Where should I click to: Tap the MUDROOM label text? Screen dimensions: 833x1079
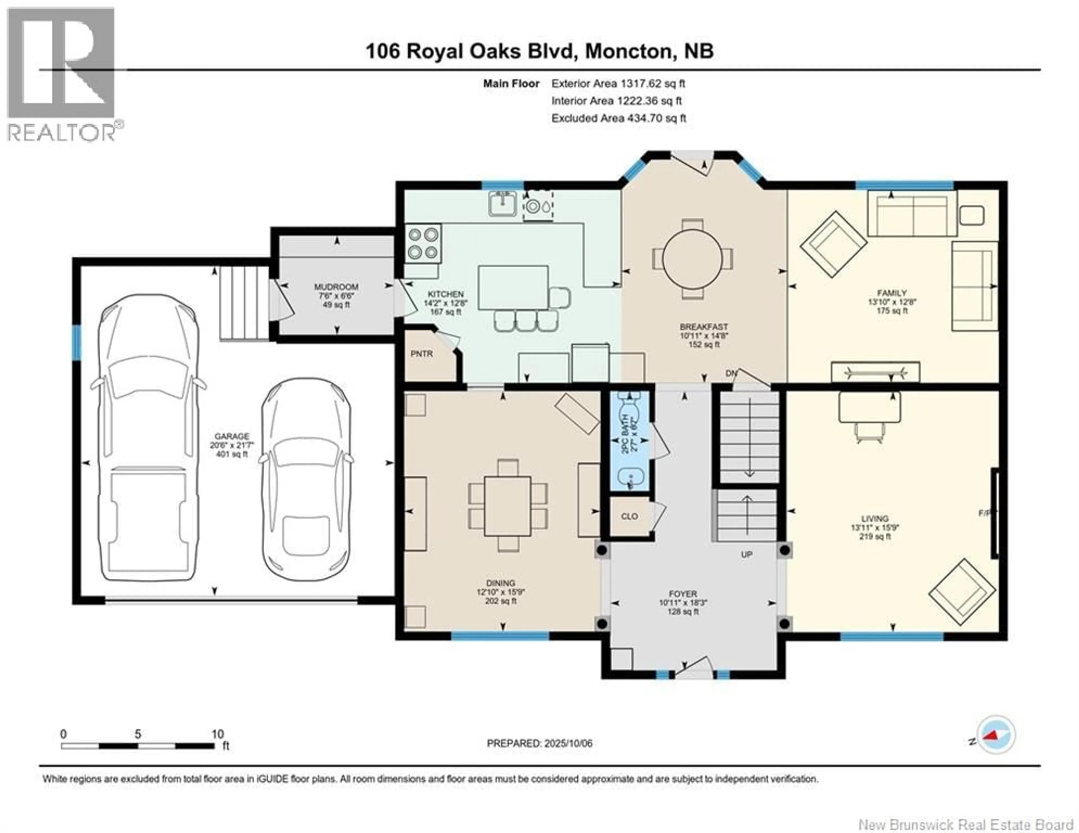pos(336,287)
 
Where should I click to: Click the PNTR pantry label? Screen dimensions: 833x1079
pos(421,354)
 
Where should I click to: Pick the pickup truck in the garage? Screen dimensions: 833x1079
pos(148,437)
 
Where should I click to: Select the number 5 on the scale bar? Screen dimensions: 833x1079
pos(138,734)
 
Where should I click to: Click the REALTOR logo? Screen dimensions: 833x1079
pos(62,74)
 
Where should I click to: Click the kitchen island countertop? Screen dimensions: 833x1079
pos(513,287)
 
